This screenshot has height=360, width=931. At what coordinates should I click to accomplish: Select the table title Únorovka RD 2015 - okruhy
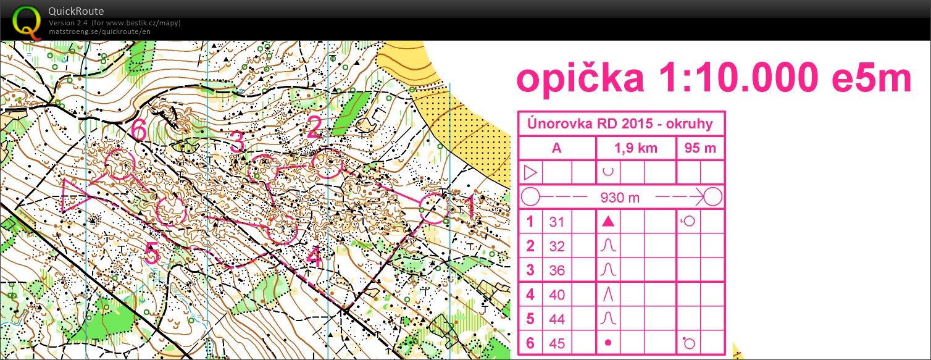620,123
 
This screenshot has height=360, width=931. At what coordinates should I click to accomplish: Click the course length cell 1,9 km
636,148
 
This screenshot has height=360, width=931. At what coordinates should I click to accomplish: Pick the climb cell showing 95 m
700,148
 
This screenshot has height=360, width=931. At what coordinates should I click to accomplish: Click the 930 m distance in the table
620,198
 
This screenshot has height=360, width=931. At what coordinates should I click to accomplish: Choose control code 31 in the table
557,222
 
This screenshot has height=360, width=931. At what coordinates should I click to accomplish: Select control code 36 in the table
557,270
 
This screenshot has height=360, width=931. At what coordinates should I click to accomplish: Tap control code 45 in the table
557,343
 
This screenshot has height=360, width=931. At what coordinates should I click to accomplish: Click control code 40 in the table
557,295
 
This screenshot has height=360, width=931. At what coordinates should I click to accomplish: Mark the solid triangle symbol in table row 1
608,221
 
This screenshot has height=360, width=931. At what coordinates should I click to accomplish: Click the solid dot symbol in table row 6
608,342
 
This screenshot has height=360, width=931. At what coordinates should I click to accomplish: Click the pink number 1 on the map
469,207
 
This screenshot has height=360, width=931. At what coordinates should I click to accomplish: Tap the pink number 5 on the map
151,253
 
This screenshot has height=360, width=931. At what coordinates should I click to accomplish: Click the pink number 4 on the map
314,257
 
